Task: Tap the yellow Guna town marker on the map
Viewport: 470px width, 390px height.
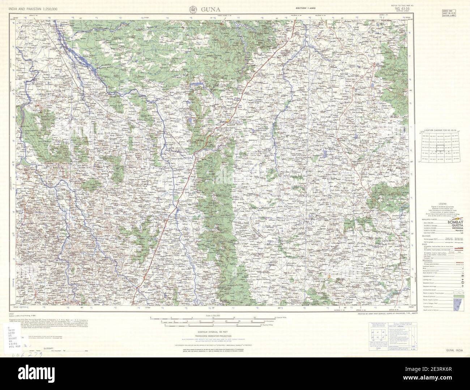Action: (x=227, y=120)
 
